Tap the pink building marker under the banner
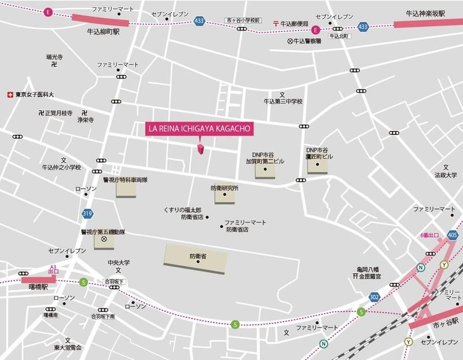coord(201,150)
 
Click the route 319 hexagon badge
coord(87,214)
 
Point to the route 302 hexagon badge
coord(375,297)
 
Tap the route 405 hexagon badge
coord(453,234)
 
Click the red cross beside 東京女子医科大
coord(9,95)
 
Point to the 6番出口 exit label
coord(429,235)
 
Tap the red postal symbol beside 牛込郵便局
coord(276,23)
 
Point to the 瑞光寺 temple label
coord(54,57)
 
